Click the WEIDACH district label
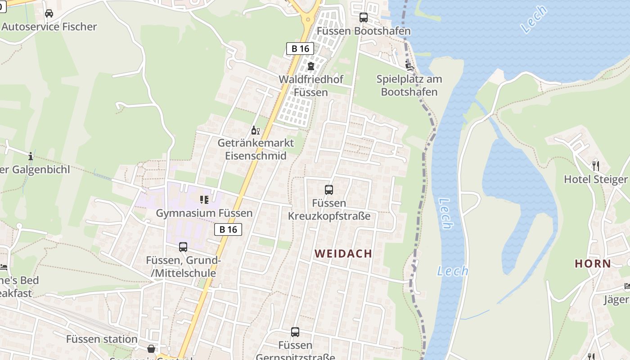343,254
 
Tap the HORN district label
593,264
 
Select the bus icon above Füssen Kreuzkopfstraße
329,190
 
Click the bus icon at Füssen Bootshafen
364,18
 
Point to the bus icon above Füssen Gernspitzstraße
295,332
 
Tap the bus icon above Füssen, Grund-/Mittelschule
183,247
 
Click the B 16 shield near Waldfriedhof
300,49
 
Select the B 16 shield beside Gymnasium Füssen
228,229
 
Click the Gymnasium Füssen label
204,213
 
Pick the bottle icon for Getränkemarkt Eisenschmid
255,130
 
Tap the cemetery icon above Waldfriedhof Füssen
310,66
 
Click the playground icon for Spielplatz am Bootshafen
409,66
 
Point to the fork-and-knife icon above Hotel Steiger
596,166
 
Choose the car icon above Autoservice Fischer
49,13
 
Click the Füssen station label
102,339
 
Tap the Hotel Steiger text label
595,180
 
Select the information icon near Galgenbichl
31,156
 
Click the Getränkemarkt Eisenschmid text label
256,149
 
